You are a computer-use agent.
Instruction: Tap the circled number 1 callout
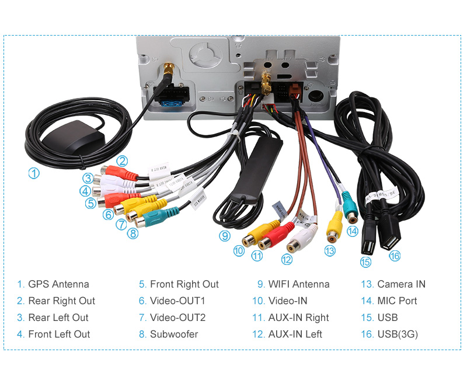(34, 173)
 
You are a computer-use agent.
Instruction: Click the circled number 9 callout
(225, 236)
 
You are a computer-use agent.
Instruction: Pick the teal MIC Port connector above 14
(350, 207)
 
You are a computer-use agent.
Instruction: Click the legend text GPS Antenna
(58, 284)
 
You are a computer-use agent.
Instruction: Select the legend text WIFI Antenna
(299, 284)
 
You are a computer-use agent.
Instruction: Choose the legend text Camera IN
(401, 284)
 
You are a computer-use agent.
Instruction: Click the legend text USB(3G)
(398, 334)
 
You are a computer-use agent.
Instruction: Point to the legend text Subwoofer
(174, 334)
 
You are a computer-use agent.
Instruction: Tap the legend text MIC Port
(397, 301)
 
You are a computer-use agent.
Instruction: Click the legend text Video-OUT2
(177, 317)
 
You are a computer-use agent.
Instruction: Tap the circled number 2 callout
(121, 161)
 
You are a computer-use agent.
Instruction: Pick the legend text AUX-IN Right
(298, 317)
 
